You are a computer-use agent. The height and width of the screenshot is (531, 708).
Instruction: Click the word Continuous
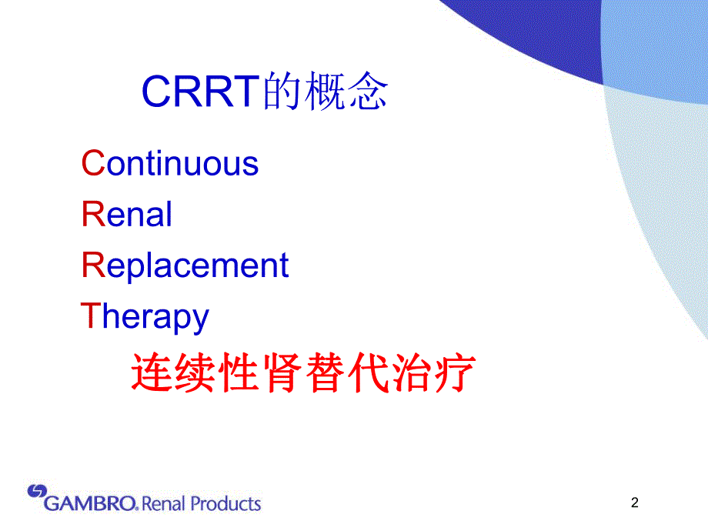pos(171,164)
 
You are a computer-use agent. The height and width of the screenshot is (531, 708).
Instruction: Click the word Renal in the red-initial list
pos(127,214)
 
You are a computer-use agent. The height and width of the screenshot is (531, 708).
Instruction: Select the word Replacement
pos(185,265)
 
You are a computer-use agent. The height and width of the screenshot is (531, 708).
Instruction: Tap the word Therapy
pos(145,317)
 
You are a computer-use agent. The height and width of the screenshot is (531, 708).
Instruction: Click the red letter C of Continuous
pos(92,164)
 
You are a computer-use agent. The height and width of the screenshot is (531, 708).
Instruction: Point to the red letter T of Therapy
pos(91,316)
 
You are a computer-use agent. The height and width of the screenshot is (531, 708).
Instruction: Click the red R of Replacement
pos(92,265)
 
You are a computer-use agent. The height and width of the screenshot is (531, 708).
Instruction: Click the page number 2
pos(634,503)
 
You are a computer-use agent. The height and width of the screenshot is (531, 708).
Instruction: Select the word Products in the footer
pos(225,505)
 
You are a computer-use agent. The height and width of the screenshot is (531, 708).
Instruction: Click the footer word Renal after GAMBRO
pos(163,505)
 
